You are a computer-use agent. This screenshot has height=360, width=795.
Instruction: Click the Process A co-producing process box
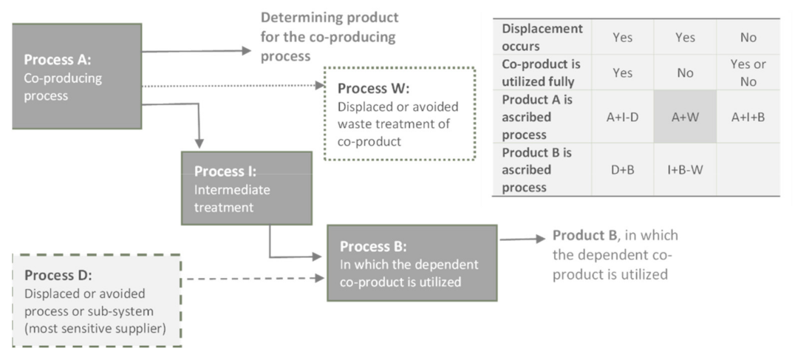tap(77, 76)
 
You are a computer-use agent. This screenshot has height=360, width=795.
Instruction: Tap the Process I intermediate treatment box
tap(247, 189)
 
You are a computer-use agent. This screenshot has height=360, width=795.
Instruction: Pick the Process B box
tap(412, 263)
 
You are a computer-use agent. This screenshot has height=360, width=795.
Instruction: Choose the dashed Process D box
tap(97, 301)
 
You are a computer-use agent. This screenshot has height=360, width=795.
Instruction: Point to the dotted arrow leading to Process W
tap(233, 86)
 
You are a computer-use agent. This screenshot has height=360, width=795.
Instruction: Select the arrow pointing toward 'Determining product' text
tap(197, 52)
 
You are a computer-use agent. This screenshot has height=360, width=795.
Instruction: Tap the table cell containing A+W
tap(685, 116)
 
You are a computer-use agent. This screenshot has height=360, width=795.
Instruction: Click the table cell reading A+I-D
tap(622, 116)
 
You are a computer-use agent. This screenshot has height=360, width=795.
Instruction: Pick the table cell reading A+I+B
tap(748, 116)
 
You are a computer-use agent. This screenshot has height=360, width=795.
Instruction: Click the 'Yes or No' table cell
tap(748, 72)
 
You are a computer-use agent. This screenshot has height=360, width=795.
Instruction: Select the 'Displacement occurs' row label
tap(542, 36)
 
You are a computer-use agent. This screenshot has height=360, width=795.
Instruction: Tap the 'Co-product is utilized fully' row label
tap(542, 72)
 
